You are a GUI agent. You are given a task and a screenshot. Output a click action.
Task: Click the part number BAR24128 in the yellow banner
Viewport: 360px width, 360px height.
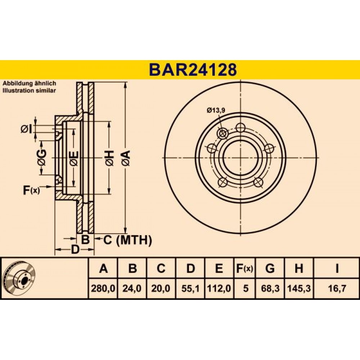click(x=193, y=70)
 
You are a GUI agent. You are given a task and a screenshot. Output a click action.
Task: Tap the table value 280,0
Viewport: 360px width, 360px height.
click(x=103, y=288)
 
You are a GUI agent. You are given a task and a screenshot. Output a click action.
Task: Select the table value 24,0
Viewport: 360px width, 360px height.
click(x=132, y=288)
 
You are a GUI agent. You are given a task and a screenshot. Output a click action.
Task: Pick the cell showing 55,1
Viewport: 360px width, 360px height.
click(x=190, y=288)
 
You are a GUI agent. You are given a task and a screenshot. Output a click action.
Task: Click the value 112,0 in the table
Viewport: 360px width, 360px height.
click(x=219, y=288)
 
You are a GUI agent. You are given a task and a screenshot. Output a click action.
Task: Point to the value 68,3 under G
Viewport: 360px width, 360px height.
click(x=270, y=288)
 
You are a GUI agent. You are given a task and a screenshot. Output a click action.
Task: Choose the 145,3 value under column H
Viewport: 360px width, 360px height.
click(x=299, y=288)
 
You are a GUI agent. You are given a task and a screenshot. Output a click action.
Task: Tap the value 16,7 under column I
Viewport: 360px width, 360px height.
click(x=337, y=288)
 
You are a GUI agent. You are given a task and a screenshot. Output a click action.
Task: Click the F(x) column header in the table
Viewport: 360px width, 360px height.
click(x=245, y=268)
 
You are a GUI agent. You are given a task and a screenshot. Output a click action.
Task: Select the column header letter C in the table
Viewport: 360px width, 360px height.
click(x=161, y=268)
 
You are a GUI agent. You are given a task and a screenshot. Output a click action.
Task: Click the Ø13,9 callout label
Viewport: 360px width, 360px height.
click(x=216, y=111)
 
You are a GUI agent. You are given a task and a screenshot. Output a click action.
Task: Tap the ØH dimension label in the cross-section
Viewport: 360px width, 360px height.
click(x=110, y=158)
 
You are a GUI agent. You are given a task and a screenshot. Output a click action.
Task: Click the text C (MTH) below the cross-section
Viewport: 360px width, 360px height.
click(x=128, y=240)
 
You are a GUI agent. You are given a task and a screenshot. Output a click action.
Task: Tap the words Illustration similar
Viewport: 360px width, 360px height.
click(x=29, y=90)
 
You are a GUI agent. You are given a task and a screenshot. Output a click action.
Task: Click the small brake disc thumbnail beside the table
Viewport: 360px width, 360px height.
click(x=20, y=278)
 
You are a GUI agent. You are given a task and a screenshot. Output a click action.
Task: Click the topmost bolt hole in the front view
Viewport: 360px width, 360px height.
click(x=240, y=127)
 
